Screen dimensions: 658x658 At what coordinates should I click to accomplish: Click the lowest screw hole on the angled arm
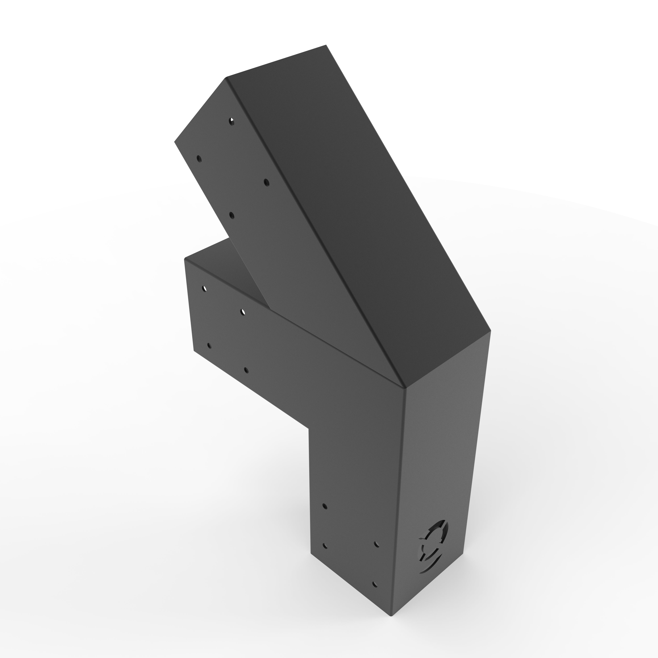click(232, 215)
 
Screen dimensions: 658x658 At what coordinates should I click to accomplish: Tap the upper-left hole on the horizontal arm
click(204, 289)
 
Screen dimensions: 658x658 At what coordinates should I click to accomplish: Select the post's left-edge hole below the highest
click(325, 546)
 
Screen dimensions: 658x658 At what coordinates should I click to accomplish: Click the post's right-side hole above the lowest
click(377, 544)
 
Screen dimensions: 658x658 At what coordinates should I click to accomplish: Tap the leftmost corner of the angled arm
click(174, 142)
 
